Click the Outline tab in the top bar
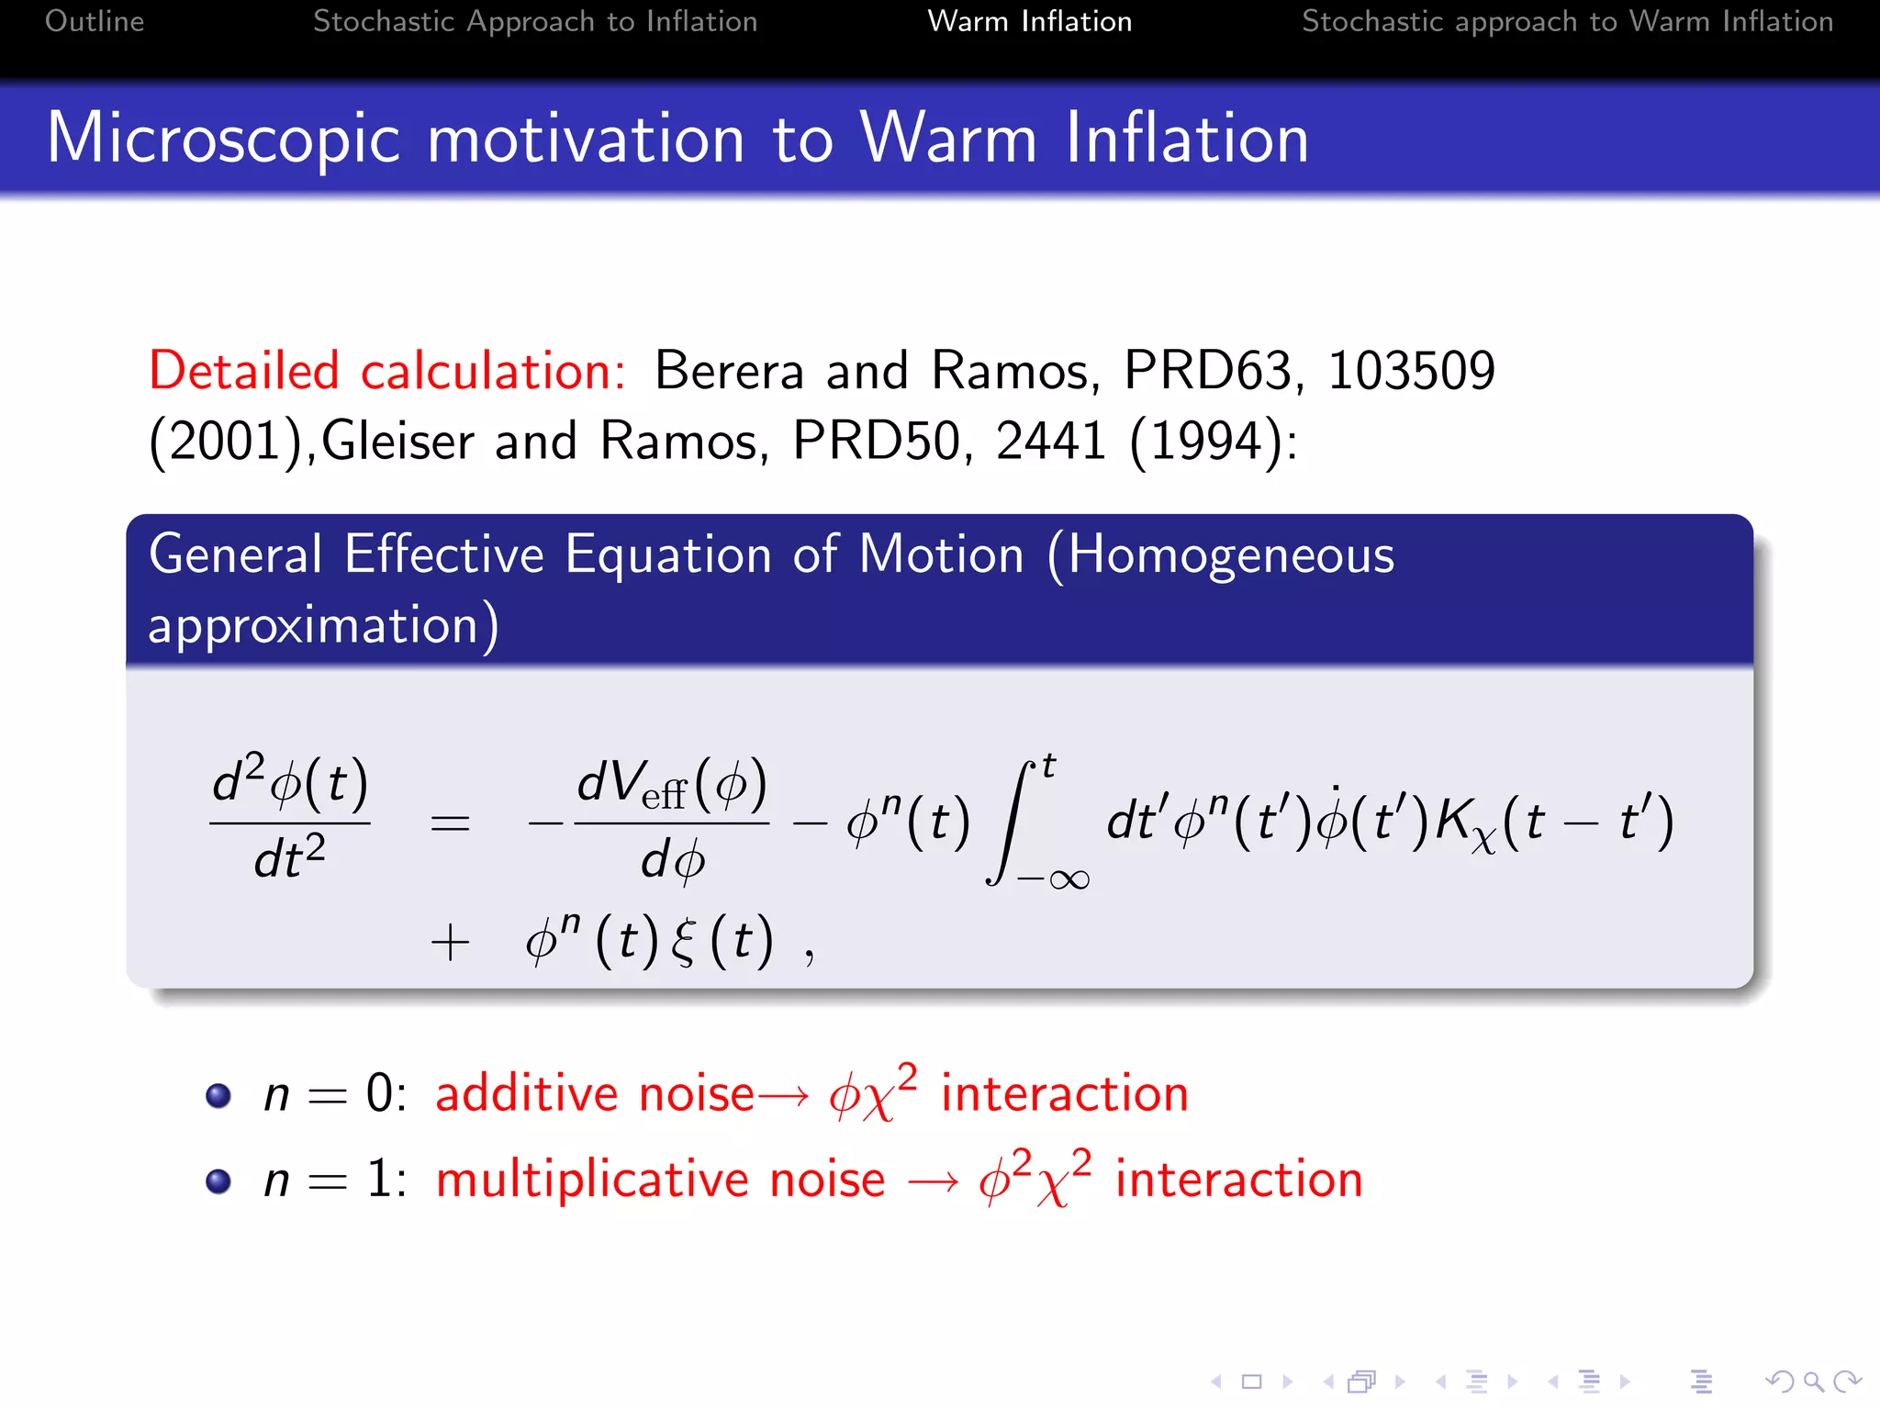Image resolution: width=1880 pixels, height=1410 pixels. pos(95,21)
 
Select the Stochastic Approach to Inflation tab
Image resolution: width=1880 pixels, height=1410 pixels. pos(535,21)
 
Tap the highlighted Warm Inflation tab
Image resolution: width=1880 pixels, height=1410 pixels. pos(1029,21)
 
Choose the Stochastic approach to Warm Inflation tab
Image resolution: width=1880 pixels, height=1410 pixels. pos(1567,21)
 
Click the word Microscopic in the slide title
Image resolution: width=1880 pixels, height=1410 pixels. pos(223,140)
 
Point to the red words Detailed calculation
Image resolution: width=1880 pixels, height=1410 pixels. pos(386,371)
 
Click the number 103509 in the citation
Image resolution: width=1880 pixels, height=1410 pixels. pos(1411,371)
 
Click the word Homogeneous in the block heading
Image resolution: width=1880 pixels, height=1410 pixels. pos(1230,555)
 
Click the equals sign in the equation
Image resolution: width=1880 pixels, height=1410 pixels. pos(450,822)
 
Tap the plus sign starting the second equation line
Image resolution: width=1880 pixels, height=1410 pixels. pos(450,943)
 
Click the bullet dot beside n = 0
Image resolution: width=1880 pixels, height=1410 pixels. pos(218,1095)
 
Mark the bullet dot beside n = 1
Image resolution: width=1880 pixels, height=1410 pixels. pos(218,1181)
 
